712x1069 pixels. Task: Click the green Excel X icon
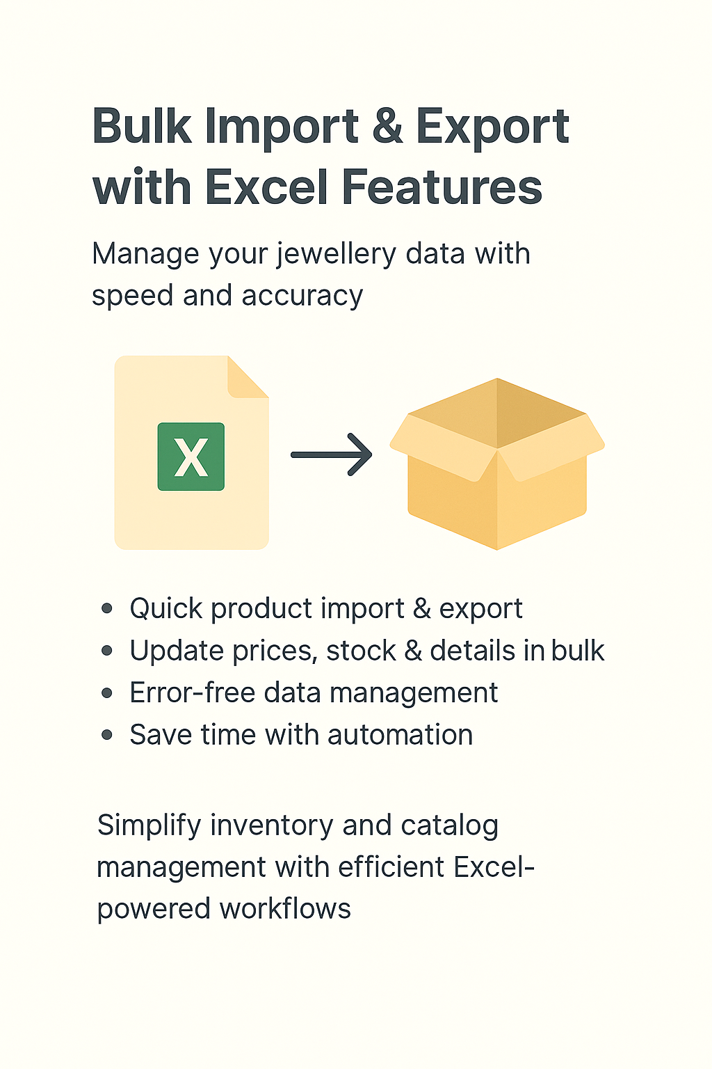click(x=191, y=457)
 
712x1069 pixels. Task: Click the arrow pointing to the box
click(x=332, y=454)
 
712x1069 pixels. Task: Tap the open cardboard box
click(x=497, y=464)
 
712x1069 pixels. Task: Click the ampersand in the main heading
click(x=387, y=126)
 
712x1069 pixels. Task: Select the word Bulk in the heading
click(x=142, y=125)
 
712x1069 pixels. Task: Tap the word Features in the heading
click(x=442, y=187)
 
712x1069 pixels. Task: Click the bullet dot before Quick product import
click(x=107, y=608)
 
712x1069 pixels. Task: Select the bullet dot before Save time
click(x=107, y=734)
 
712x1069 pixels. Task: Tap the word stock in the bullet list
click(x=361, y=651)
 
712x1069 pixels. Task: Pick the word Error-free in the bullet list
click(x=193, y=692)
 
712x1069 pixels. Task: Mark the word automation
click(x=400, y=735)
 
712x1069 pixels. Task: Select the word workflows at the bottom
click(x=285, y=908)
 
